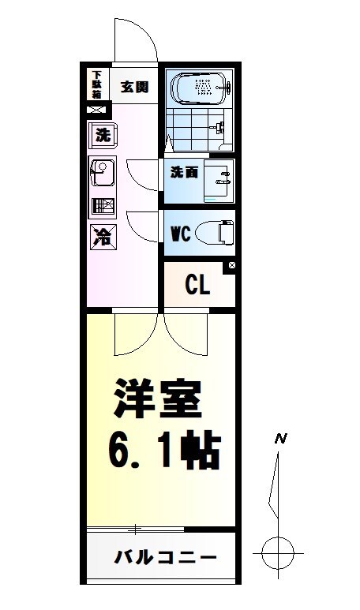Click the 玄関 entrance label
click(134, 87)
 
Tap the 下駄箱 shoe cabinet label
click(96, 85)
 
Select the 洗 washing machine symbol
click(103, 135)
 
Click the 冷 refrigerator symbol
click(103, 234)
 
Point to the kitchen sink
click(103, 172)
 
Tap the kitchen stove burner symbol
click(103, 207)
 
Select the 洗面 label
click(184, 173)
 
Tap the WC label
click(182, 234)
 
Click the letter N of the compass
click(279, 439)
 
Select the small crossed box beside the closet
click(231, 267)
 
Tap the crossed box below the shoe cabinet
click(96, 110)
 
